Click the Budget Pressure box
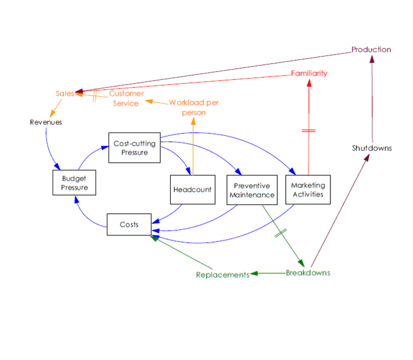[x=75, y=183]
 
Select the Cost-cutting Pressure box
[x=135, y=148]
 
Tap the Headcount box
[x=193, y=190]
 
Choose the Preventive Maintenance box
[x=252, y=190]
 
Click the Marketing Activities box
[x=308, y=190]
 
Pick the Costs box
[x=129, y=225]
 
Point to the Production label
[x=371, y=50]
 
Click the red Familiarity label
[x=309, y=74]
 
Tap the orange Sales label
[x=64, y=93]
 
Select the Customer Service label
[x=126, y=98]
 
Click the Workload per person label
[x=194, y=108]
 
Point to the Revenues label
[x=46, y=122]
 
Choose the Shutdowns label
[x=372, y=148]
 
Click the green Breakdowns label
[x=308, y=273]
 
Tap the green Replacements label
[x=222, y=275]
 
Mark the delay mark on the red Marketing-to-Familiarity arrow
[x=309, y=131]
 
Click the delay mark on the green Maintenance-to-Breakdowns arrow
[x=281, y=233]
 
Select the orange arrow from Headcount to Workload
[x=193, y=147]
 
